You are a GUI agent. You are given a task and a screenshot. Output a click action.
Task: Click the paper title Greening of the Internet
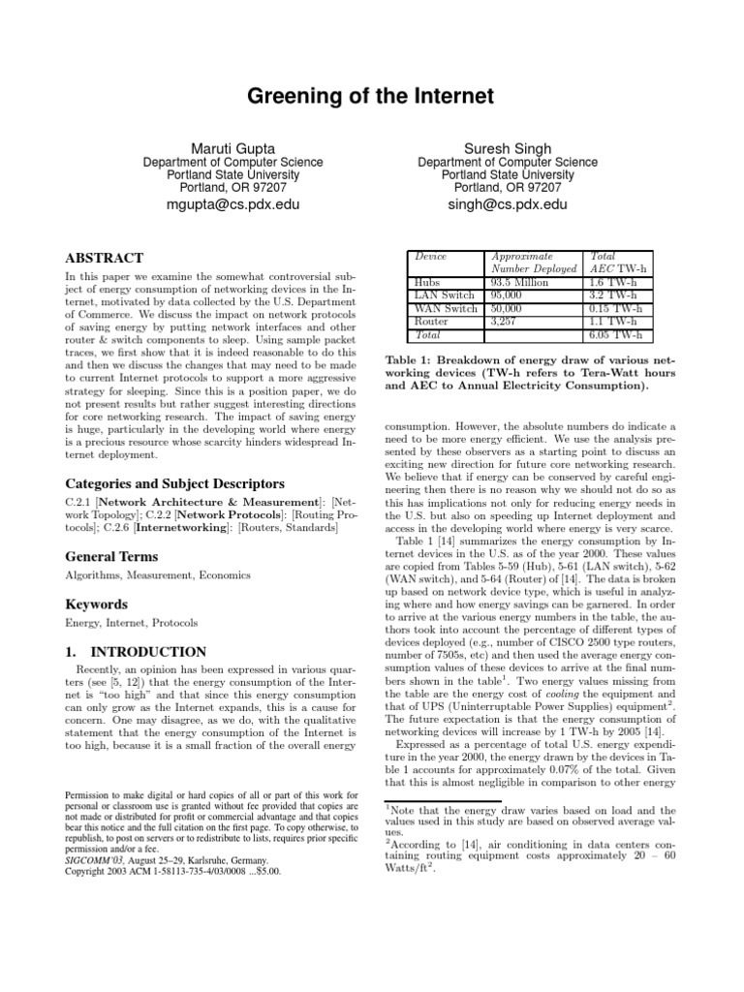click(371, 97)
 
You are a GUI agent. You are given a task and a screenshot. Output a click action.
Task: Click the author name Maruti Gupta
click(232, 148)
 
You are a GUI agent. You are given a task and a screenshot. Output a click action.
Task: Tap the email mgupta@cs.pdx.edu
click(232, 205)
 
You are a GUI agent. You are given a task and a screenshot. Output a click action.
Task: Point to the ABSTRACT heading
click(104, 259)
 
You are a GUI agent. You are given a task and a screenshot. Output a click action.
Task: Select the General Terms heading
click(111, 556)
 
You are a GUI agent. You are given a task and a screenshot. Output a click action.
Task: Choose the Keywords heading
click(97, 604)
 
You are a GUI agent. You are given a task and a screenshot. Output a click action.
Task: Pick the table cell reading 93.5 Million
click(521, 283)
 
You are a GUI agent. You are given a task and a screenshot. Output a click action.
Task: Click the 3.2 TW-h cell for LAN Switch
click(614, 295)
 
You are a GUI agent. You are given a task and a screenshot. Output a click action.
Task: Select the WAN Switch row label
click(446, 308)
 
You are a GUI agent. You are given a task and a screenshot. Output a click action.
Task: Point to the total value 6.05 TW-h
click(617, 333)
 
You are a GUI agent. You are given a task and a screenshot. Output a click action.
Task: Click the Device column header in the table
click(431, 256)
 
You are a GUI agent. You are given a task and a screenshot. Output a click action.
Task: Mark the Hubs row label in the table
click(427, 283)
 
